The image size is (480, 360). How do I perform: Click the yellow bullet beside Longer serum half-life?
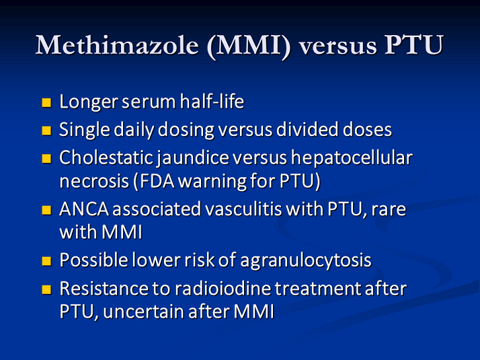pyautogui.click(x=46, y=103)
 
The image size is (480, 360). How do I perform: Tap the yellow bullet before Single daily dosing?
pyautogui.click(x=46, y=130)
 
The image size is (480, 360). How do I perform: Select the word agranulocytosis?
pyautogui.click(x=314, y=260)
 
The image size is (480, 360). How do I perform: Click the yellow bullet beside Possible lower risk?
pyautogui.click(x=46, y=260)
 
